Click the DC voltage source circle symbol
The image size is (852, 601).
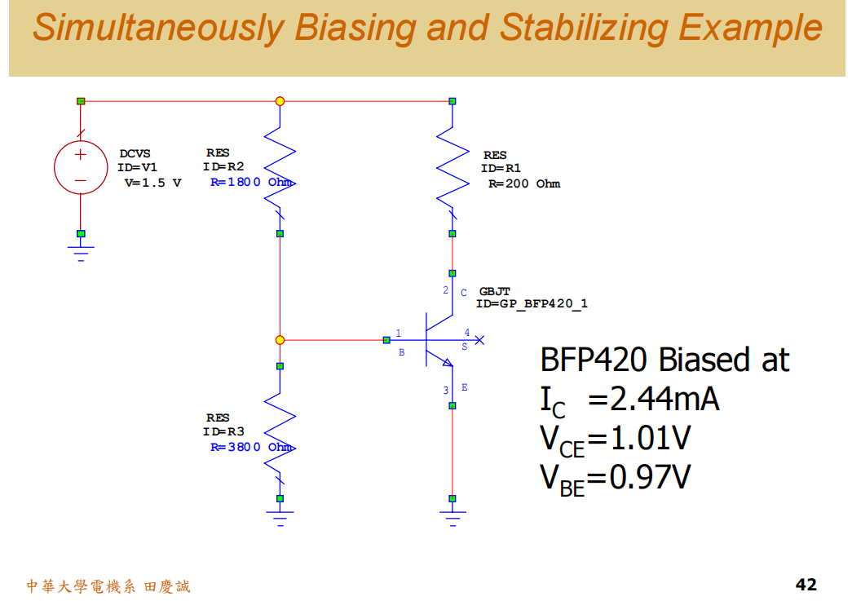[x=81, y=166]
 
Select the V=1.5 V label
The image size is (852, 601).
[x=152, y=183]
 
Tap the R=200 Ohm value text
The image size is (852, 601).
[x=524, y=184]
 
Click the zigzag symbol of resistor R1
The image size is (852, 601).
[x=452, y=167]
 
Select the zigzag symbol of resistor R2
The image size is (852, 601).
[x=280, y=167]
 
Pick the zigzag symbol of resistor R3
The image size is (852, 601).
[x=280, y=432]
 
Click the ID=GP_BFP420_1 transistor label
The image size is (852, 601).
[x=532, y=304]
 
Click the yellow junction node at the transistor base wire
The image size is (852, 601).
[x=280, y=339]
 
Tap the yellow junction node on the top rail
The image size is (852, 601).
[x=280, y=101]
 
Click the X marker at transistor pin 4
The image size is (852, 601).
[x=480, y=339]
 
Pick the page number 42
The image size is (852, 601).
[x=806, y=584]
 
